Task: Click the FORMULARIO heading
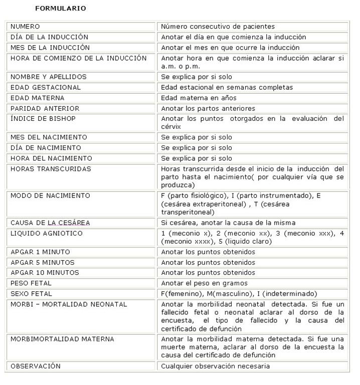click(x=60, y=9)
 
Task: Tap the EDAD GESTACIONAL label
click(x=46, y=87)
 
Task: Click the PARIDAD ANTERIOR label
click(x=45, y=108)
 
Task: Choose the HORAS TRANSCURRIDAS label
click(x=51, y=169)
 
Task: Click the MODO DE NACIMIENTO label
click(x=50, y=196)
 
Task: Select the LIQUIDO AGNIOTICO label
click(x=47, y=233)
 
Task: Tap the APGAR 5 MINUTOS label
click(x=43, y=262)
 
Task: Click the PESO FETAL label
click(x=31, y=283)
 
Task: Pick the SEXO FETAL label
click(x=31, y=294)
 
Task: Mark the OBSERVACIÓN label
click(x=36, y=366)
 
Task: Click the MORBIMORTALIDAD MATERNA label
click(x=62, y=339)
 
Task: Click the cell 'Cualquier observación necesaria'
click(x=215, y=366)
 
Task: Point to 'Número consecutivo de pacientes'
click(x=218, y=27)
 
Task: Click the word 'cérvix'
click(x=171, y=127)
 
